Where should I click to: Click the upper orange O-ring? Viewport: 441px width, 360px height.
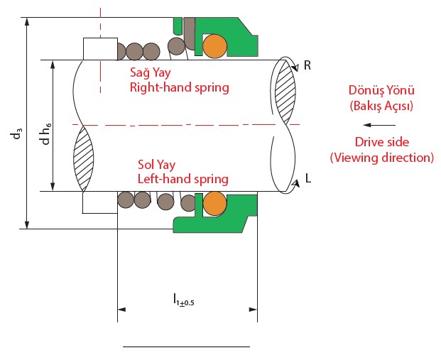(x=214, y=46)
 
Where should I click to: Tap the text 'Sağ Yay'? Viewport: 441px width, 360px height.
(x=151, y=72)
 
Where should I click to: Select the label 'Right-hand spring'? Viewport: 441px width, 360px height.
(x=179, y=87)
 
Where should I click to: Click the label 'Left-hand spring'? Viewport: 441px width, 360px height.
(x=183, y=179)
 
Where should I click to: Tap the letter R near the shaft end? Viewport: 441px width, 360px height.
(x=307, y=65)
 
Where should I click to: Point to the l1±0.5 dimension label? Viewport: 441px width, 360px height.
(x=184, y=301)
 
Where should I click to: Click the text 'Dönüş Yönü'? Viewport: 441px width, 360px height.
(x=381, y=91)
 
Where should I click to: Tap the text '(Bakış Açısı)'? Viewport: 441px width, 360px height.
(x=381, y=106)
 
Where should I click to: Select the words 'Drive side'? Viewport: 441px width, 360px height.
(x=381, y=142)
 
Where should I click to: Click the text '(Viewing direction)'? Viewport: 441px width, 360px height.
(x=381, y=157)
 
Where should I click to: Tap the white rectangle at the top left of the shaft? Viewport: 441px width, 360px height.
(x=99, y=49)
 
